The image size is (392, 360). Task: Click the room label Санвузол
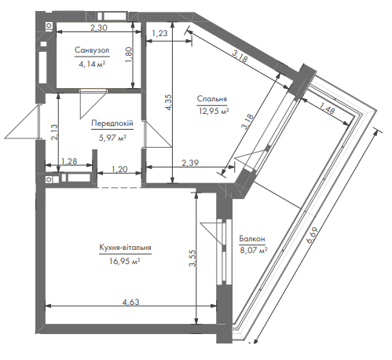92,50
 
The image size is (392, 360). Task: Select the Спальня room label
212,99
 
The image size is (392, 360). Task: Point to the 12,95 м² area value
214,112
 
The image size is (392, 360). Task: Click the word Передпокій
112,123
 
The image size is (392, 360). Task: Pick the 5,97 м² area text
112,138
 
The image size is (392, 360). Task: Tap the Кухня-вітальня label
125,248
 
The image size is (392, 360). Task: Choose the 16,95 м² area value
125,261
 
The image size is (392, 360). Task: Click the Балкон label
252,239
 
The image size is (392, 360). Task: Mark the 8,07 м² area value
254,250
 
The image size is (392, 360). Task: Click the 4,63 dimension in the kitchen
131,302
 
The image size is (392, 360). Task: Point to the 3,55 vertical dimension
192,258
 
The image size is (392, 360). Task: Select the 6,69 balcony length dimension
312,235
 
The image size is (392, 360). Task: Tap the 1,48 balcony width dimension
327,108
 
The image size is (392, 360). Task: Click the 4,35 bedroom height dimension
168,102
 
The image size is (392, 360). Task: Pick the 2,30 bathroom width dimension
99,28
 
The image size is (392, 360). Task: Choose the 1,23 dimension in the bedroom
159,33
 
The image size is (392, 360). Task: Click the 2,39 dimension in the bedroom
190,163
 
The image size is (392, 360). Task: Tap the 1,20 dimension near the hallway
119,169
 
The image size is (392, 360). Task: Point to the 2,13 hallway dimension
54,132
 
